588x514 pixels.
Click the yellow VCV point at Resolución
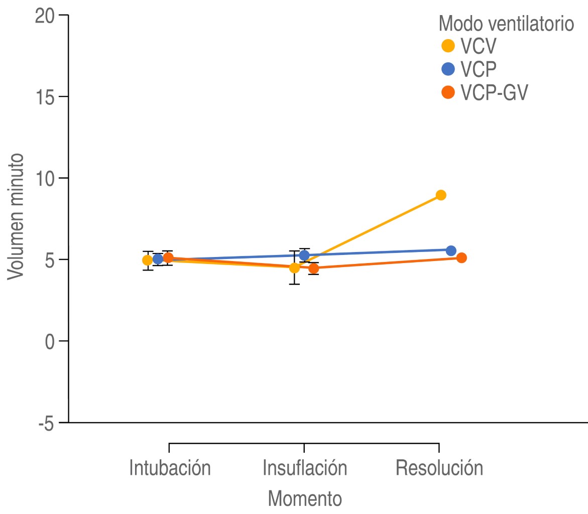[441, 195]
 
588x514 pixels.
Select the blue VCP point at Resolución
[451, 250]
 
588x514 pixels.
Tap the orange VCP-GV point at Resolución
[461, 258]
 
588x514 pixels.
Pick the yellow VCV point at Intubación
[147, 260]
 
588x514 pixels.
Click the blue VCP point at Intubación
[158, 259]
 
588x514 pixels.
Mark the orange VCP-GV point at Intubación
[168, 258]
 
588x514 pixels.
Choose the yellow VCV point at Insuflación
[294, 268]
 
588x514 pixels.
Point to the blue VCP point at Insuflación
[304, 255]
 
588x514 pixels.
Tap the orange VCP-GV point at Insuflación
[314, 268]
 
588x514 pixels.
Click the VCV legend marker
[448, 46]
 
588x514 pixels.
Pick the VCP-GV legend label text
[495, 93]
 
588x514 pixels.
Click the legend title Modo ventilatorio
[506, 23]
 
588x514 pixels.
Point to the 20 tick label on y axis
[45, 15]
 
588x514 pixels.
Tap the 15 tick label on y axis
[45, 96]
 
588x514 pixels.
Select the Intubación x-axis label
[170, 467]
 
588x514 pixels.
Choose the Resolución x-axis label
[439, 467]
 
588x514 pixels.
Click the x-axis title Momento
[305, 498]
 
